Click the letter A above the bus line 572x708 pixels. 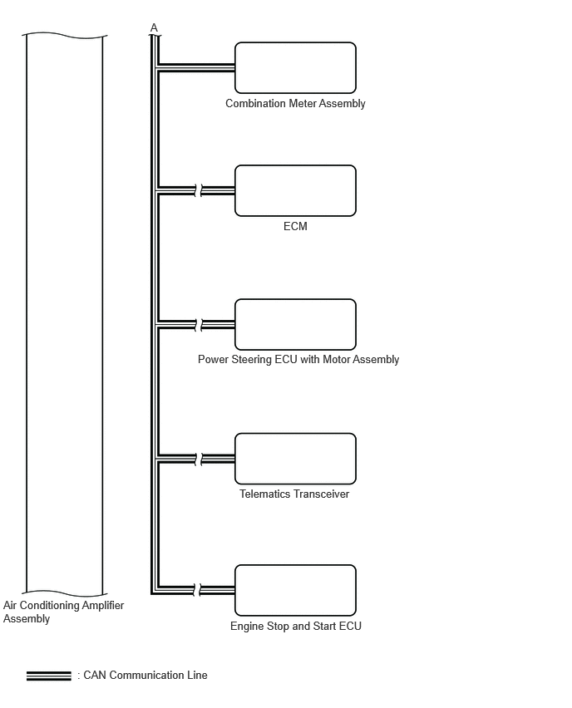[x=154, y=28]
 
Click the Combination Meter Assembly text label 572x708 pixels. [x=295, y=103]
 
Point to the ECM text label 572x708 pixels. [x=295, y=226]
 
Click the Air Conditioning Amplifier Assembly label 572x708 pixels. [x=63, y=612]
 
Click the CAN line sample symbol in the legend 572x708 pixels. [x=49, y=676]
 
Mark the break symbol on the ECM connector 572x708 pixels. [x=199, y=190]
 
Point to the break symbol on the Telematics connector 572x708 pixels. [x=199, y=460]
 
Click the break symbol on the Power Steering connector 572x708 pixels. [x=199, y=325]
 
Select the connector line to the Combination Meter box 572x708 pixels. [x=196, y=68]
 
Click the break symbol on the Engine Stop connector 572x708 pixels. [x=197, y=590]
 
